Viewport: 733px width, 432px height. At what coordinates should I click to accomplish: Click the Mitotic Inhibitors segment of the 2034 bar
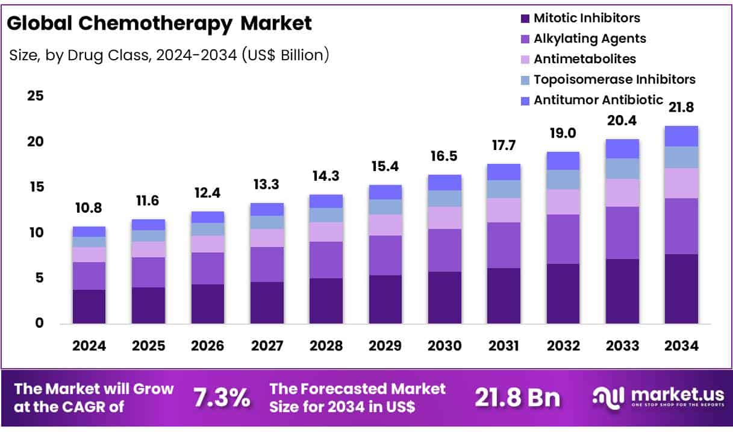(682, 289)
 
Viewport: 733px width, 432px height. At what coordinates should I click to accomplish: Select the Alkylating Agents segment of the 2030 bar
(444, 250)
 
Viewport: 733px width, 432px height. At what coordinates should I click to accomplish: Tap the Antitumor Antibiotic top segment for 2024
(89, 231)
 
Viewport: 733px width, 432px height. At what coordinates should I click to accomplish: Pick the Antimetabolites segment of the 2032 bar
(563, 202)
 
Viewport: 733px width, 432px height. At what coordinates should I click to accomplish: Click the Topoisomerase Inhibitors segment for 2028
(326, 215)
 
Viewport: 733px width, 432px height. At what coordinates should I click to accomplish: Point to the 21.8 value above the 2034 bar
(682, 108)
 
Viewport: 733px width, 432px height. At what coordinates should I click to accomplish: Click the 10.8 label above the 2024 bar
(89, 208)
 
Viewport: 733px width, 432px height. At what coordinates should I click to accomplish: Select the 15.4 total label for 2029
(385, 166)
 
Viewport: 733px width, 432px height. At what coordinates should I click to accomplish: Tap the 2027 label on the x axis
(267, 346)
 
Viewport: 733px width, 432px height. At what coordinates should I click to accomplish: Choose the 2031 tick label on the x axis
(504, 346)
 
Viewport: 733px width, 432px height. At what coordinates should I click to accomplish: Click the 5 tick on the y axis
(39, 278)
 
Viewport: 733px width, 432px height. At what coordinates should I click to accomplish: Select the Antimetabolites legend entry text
(584, 59)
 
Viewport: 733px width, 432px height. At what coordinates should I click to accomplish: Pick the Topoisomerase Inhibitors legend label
(614, 80)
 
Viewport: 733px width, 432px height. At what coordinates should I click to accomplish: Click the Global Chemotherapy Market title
(160, 23)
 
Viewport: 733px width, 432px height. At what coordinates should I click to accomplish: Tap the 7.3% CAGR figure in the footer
(221, 397)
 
